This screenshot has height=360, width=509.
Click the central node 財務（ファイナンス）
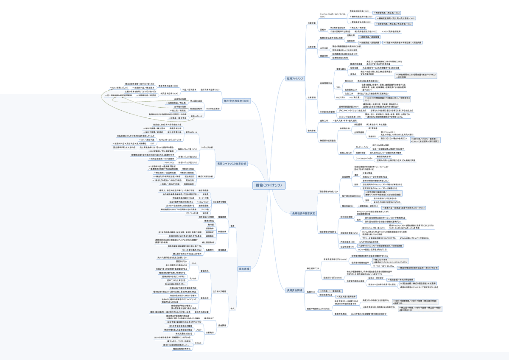[269, 185]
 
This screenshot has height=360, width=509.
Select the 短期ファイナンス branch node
[295, 78]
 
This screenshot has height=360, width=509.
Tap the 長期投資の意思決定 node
[303, 213]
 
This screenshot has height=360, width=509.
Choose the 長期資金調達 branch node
[295, 290]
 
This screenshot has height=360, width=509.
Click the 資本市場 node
[244, 269]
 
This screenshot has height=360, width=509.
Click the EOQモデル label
[341, 98]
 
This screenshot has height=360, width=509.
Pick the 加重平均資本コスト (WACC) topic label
[318, 309]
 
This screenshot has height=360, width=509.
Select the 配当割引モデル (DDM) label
[333, 277]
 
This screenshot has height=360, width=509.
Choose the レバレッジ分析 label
[207, 147]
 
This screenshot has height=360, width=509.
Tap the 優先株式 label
[204, 298]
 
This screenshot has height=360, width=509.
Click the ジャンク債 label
[204, 209]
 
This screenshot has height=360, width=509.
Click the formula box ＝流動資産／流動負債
[370, 37]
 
